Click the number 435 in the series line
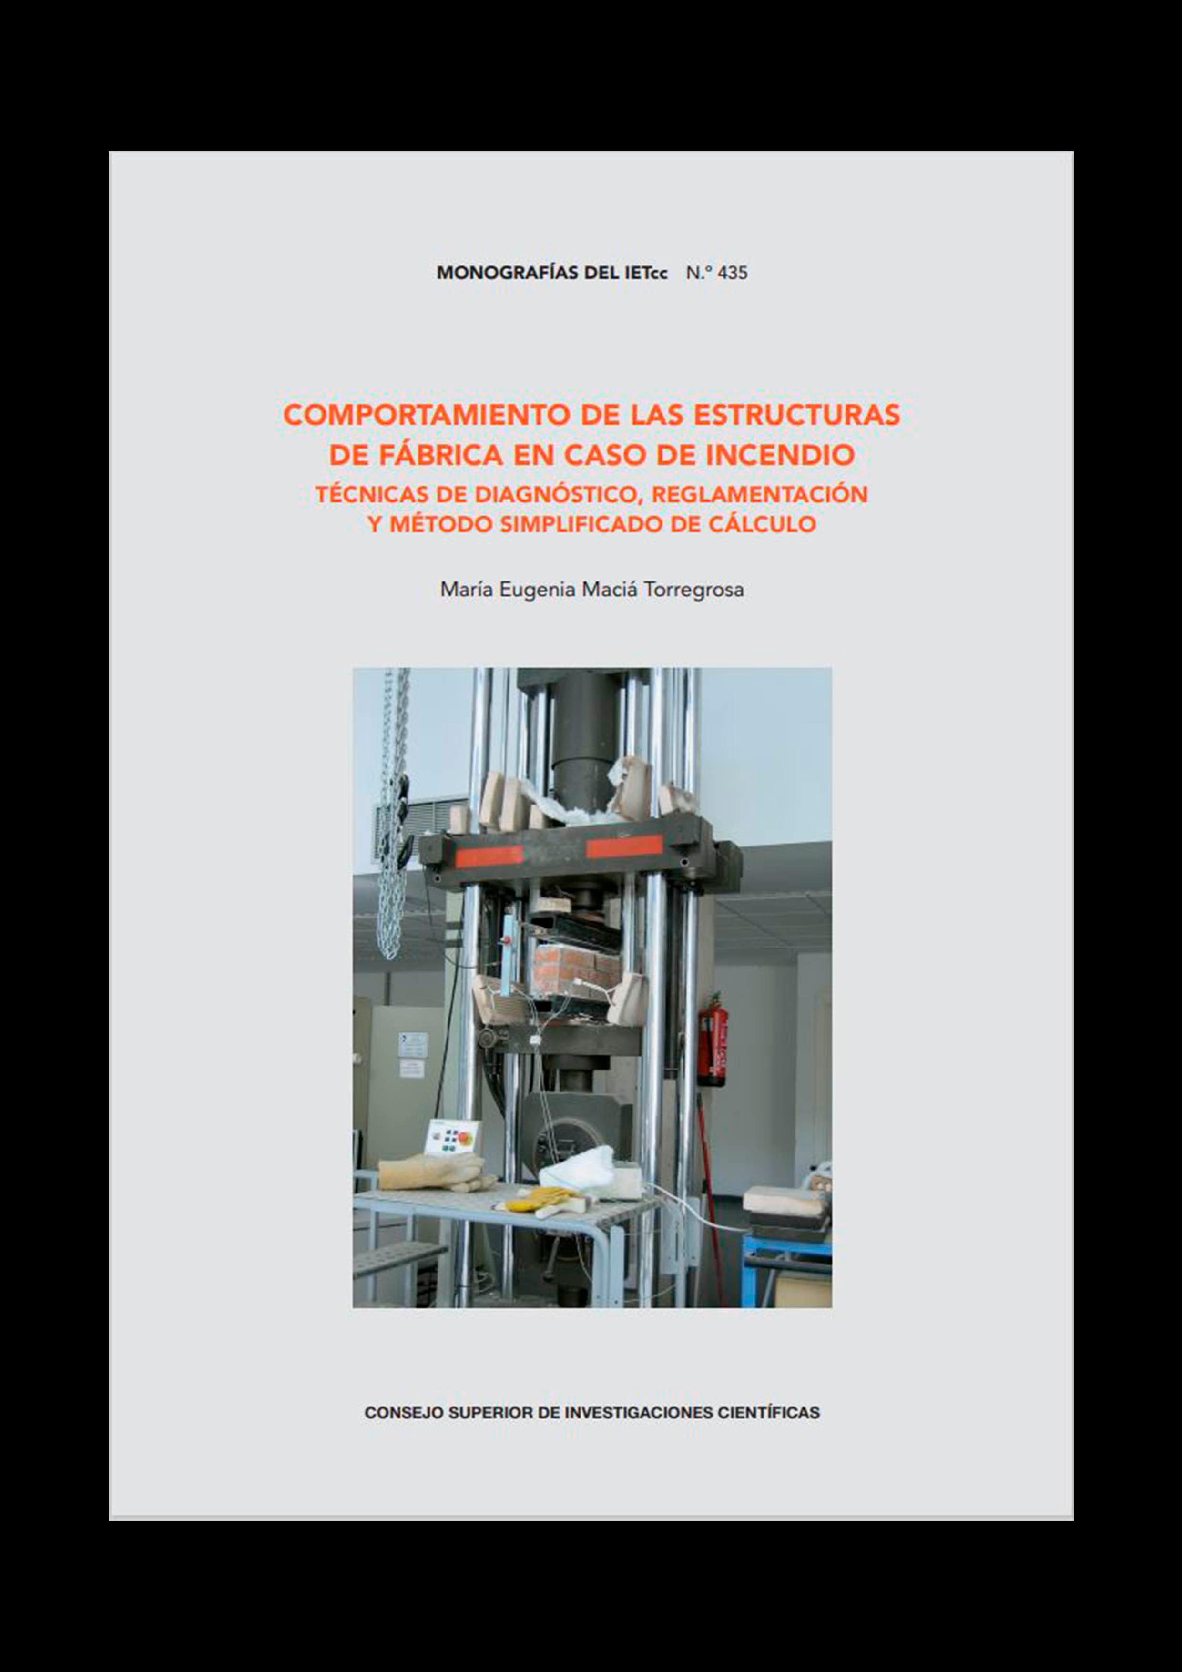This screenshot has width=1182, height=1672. click(x=732, y=273)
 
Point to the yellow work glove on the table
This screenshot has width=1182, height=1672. click(x=540, y=1197)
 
